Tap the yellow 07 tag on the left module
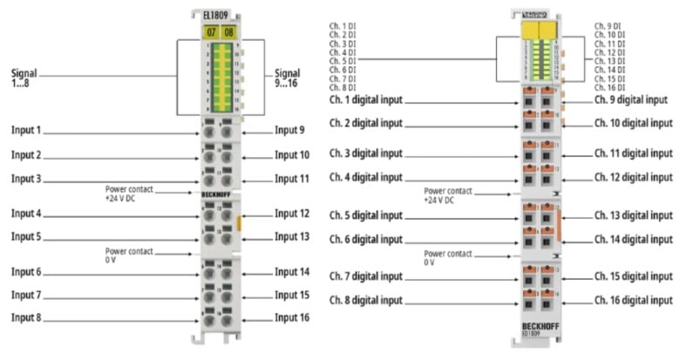point(210,32)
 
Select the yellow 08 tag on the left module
point(228,32)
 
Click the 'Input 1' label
point(26,131)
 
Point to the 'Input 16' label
point(291,317)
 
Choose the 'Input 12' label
point(292,214)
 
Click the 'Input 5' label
point(26,236)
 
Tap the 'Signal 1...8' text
point(27,77)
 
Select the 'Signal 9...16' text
point(289,77)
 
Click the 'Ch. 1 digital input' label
point(366,100)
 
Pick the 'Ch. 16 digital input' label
point(634,301)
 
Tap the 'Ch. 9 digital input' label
point(631,99)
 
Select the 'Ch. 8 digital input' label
point(366,301)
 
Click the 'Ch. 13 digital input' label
point(634,215)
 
